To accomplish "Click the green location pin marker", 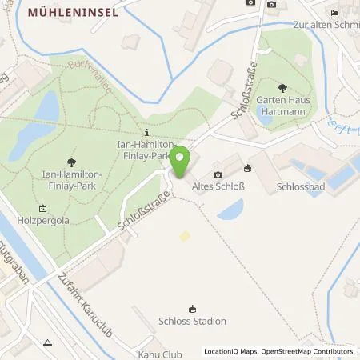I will point(182,162).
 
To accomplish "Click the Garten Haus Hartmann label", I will point(282,106).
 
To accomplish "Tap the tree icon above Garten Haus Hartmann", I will point(282,88).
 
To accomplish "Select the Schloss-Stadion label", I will point(192,322).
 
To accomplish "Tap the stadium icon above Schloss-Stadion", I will point(192,309).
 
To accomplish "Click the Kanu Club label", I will point(160,354).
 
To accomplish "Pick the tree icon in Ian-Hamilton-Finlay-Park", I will point(73,161).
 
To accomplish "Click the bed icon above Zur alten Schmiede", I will point(334,14).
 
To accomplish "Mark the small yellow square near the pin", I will point(186,236).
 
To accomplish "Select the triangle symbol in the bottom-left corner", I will point(47,342).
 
